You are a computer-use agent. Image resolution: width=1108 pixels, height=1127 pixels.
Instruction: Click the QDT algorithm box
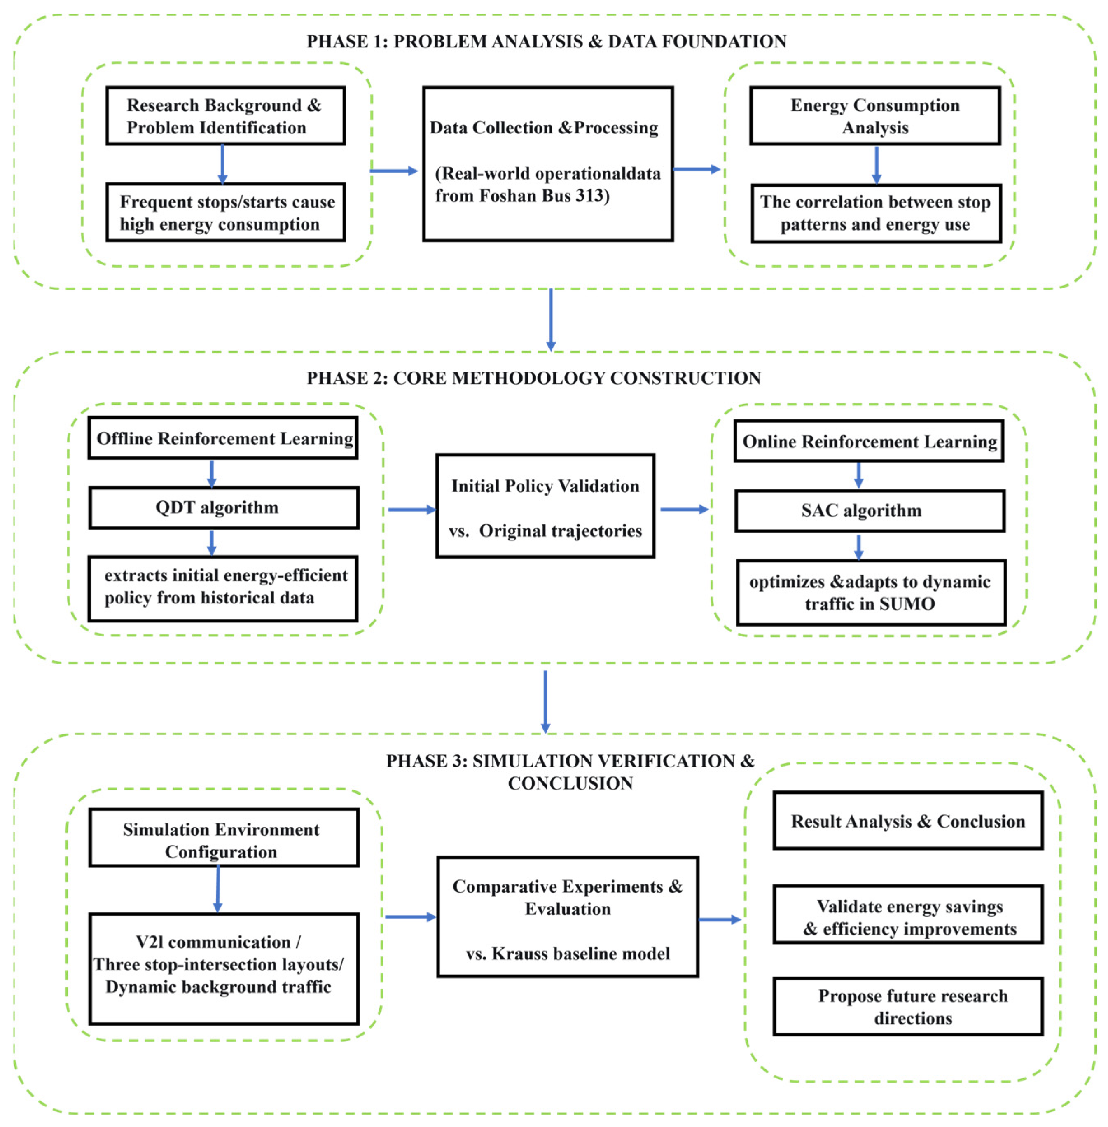click(x=224, y=508)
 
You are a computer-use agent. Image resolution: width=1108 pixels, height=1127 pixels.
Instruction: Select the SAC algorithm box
click(x=870, y=511)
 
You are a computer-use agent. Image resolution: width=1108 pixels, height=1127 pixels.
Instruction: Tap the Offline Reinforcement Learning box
click(x=223, y=438)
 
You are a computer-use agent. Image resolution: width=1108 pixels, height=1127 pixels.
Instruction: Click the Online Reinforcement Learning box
click(x=868, y=441)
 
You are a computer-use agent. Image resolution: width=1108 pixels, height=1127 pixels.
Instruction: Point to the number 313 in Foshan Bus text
click(x=589, y=196)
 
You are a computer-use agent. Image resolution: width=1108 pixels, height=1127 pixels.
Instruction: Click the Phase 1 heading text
click(x=546, y=41)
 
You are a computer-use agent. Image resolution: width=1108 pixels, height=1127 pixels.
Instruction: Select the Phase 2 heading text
click(x=534, y=378)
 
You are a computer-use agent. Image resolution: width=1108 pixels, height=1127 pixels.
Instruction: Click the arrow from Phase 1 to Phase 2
click(x=551, y=320)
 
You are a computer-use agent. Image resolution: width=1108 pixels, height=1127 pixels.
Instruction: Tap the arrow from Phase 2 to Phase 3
click(x=545, y=701)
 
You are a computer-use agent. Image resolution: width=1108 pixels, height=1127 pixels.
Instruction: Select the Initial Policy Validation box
click(x=545, y=506)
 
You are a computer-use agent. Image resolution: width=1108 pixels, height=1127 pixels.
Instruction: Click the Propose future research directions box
click(x=908, y=1007)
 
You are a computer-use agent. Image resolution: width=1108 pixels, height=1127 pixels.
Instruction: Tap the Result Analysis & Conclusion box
click(x=908, y=821)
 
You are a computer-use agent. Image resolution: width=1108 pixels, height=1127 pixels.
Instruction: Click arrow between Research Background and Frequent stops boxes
click(x=222, y=164)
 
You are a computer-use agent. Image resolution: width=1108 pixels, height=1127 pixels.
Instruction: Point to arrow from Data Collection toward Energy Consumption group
click(x=696, y=169)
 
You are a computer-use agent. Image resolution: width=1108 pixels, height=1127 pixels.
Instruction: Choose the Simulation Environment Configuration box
click(x=224, y=838)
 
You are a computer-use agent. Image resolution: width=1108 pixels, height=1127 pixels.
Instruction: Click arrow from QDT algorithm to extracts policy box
click(x=212, y=542)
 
